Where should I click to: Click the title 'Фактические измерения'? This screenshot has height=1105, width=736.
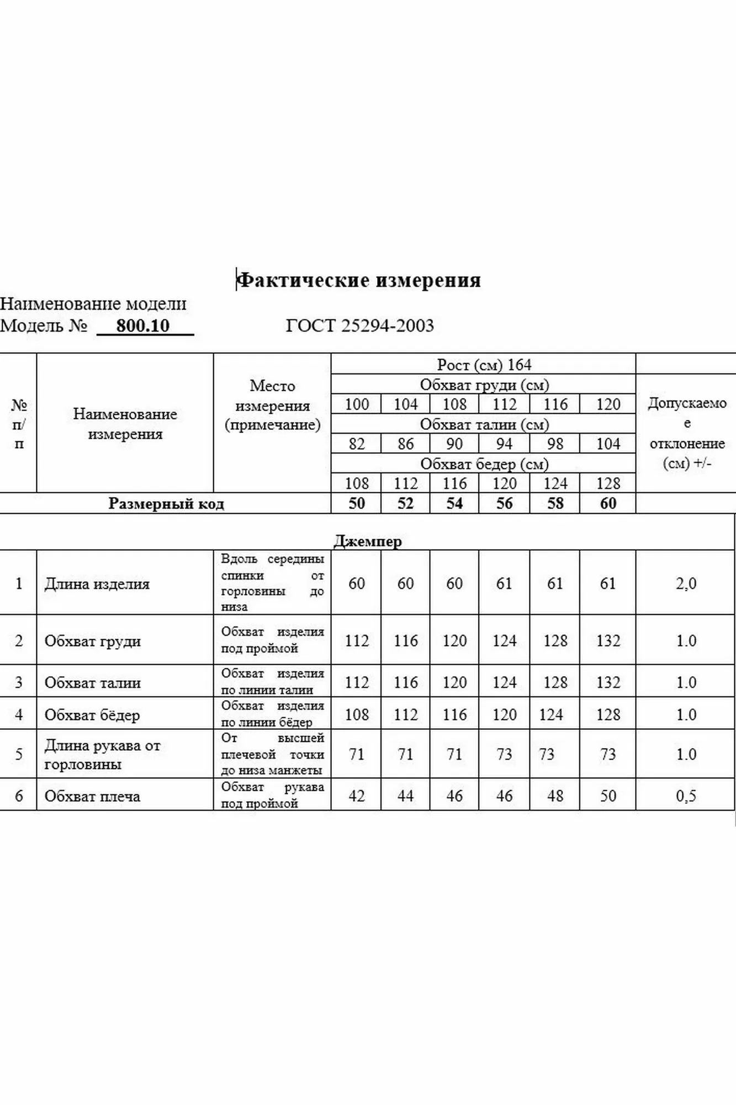tap(359, 280)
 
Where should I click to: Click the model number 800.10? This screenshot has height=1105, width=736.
tap(143, 325)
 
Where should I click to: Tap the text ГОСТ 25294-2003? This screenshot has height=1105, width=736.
tap(359, 325)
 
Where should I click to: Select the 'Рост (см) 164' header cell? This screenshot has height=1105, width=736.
tap(484, 365)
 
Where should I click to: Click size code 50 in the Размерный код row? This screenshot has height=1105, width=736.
tap(357, 503)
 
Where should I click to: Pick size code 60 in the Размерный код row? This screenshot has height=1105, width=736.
tap(608, 503)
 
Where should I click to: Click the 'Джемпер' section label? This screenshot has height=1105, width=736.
tap(368, 541)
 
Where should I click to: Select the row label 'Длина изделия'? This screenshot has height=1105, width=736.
tap(97, 584)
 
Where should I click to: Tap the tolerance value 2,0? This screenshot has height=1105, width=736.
tap(686, 583)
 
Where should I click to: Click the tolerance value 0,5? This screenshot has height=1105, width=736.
tap(686, 796)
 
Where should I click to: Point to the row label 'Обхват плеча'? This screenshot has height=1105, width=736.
tap(92, 796)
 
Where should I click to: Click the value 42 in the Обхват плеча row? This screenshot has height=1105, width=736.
tap(357, 796)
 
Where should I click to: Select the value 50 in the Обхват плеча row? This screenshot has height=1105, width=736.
tap(608, 796)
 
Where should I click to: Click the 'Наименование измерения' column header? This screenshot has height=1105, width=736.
tap(125, 424)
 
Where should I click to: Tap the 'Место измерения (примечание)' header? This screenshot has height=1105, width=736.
tap(272, 405)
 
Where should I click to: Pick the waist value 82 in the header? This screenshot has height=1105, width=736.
tap(357, 444)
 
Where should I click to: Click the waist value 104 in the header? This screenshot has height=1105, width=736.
tap(608, 444)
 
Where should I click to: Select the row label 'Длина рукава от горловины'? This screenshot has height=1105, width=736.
tap(102, 755)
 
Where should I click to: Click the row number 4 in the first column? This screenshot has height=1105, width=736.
tap(19, 714)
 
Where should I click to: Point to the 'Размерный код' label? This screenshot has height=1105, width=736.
tap(166, 504)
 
